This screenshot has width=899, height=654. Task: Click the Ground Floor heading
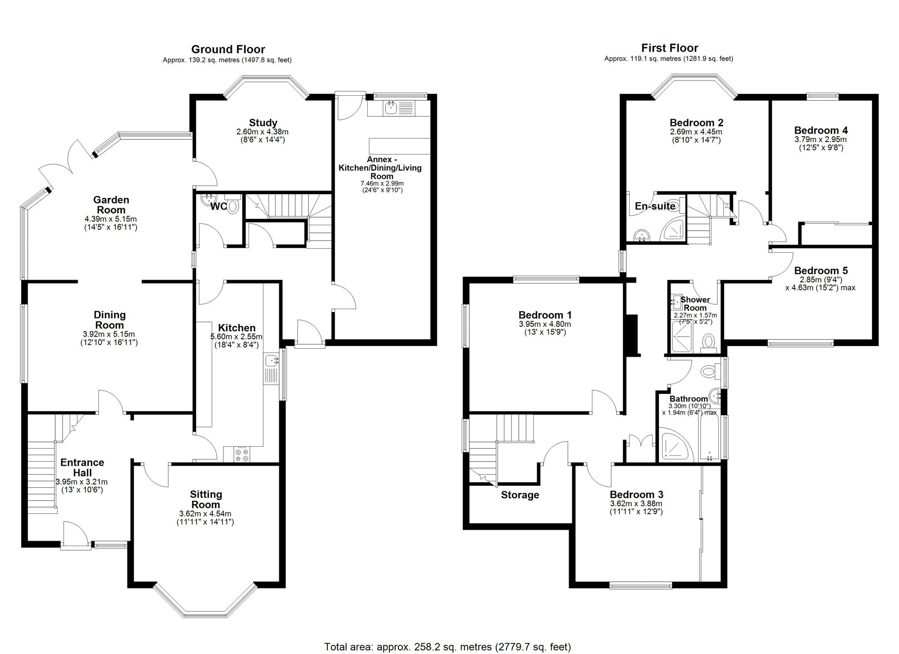tap(228, 49)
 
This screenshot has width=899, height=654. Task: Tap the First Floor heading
tap(670, 48)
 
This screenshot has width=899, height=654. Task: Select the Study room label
tap(263, 123)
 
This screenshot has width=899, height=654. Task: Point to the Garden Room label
tap(111, 205)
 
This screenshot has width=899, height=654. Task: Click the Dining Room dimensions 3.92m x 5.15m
tap(109, 334)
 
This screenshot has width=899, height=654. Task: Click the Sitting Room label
tap(206, 499)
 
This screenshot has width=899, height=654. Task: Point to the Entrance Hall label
tap(82, 467)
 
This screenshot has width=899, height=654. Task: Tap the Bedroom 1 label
tap(545, 315)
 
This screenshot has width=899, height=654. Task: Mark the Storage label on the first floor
tap(520, 495)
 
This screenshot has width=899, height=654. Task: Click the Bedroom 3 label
tap(636, 494)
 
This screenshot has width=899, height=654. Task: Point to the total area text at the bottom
tap(448, 647)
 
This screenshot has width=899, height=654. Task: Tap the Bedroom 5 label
tap(821, 271)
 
